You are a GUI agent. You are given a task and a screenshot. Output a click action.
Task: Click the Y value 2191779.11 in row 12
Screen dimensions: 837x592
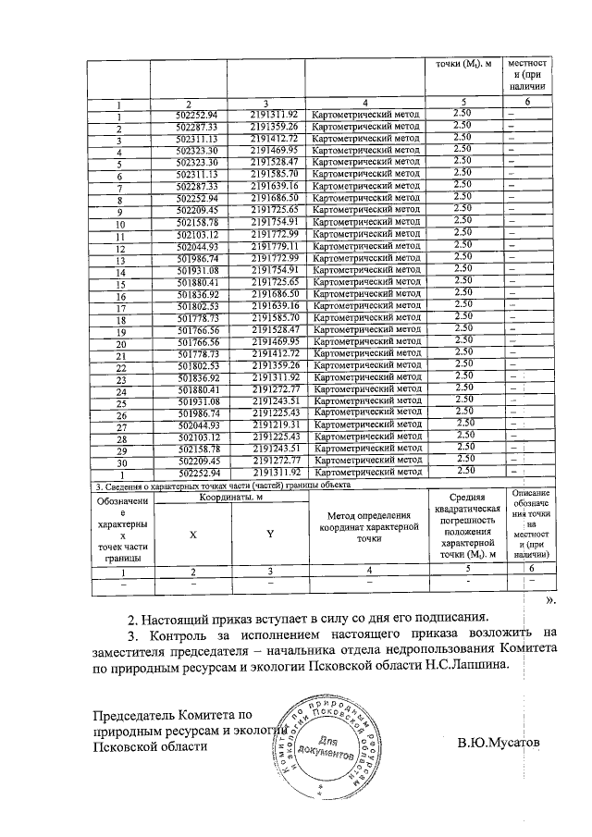tap(271, 247)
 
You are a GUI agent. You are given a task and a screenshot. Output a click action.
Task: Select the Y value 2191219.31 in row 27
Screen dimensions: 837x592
tap(271, 423)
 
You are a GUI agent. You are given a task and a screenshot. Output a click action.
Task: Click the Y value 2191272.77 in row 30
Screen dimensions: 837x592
tap(271, 458)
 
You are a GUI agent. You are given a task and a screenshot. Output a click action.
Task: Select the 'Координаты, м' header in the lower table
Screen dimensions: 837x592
tap(228, 497)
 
